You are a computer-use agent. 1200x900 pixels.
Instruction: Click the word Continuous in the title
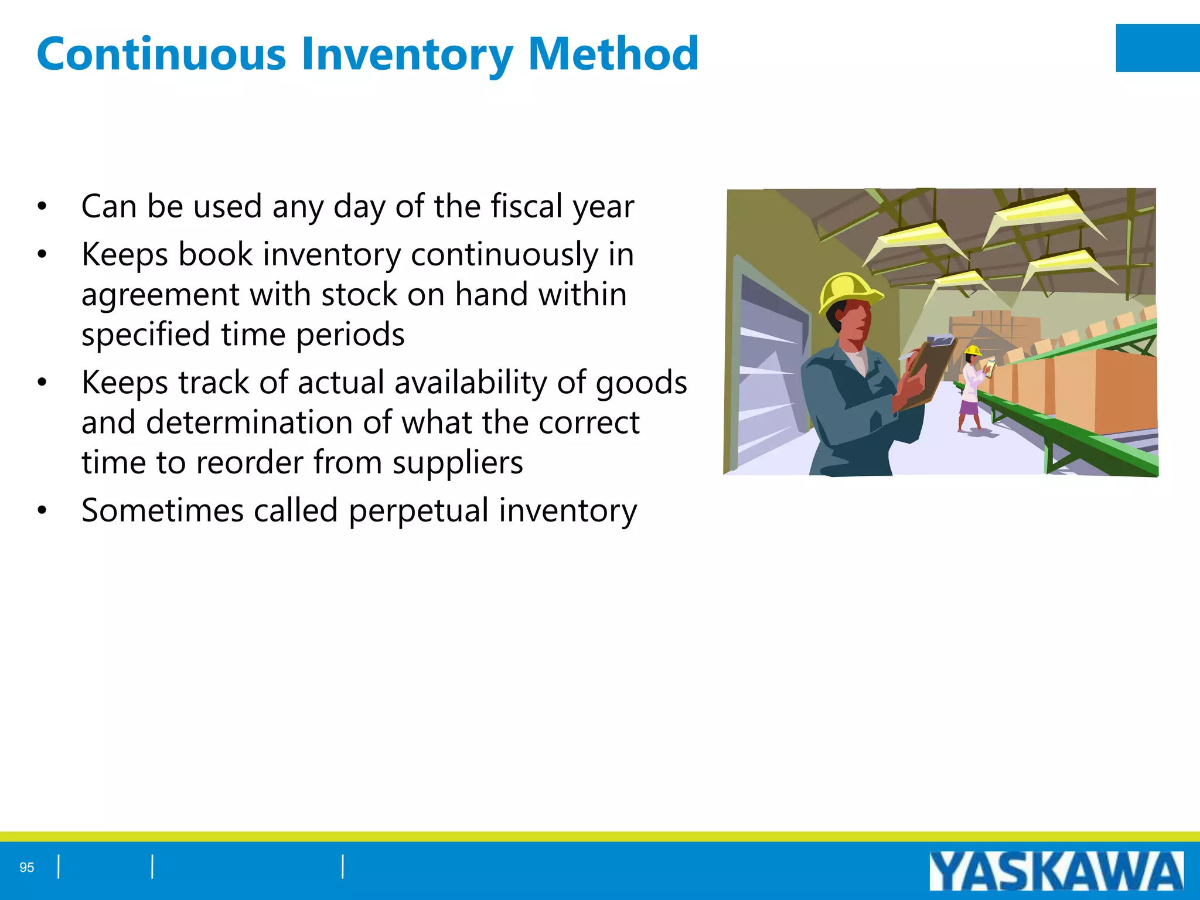pyautogui.click(x=161, y=54)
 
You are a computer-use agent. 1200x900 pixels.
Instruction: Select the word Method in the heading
pyautogui.click(x=613, y=54)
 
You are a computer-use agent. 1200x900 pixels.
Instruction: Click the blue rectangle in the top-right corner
pyautogui.click(x=1157, y=48)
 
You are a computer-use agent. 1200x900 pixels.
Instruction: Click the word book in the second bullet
pyautogui.click(x=215, y=254)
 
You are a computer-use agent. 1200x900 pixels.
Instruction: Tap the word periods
pyautogui.click(x=350, y=335)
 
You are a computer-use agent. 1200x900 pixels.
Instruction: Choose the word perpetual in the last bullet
pyautogui.click(x=418, y=511)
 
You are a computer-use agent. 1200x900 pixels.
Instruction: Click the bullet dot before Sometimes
pyautogui.click(x=42, y=510)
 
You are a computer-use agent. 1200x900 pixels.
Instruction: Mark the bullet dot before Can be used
pyautogui.click(x=42, y=206)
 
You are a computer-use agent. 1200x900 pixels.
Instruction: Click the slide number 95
pyautogui.click(x=27, y=867)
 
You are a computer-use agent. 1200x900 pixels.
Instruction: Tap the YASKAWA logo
pyautogui.click(x=1056, y=871)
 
